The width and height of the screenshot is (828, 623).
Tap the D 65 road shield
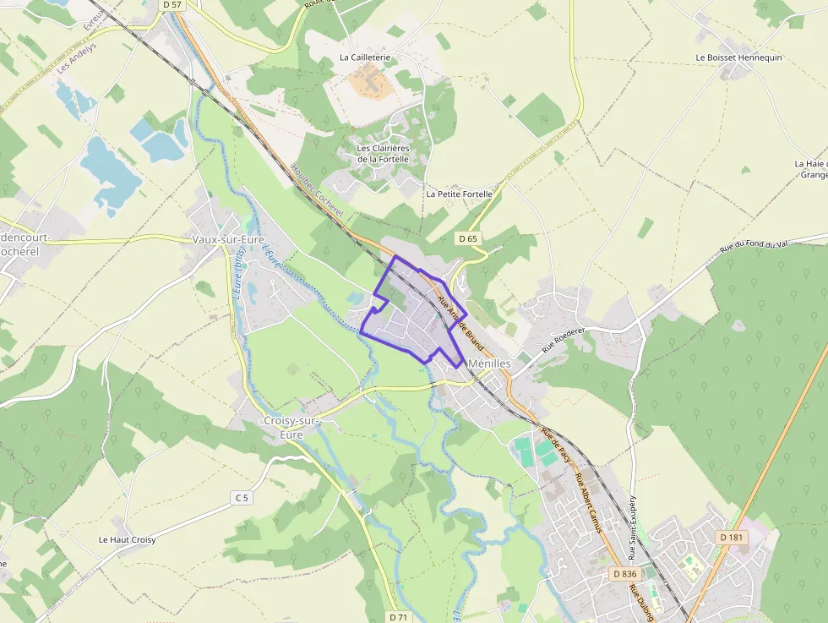point(468,239)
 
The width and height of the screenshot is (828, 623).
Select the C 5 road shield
point(242,498)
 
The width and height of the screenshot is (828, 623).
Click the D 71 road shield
point(400,617)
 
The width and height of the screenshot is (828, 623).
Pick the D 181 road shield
point(732,538)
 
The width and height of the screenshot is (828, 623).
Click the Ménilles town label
point(489,362)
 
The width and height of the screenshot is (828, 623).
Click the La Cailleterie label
point(365,57)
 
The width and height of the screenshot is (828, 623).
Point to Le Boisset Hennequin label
point(738,57)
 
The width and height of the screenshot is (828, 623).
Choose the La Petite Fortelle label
point(459,194)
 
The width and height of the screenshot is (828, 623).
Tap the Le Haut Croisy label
point(127,539)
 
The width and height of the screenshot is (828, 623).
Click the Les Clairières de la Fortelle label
point(383,153)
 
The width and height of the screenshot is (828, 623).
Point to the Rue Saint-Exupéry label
point(632,528)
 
